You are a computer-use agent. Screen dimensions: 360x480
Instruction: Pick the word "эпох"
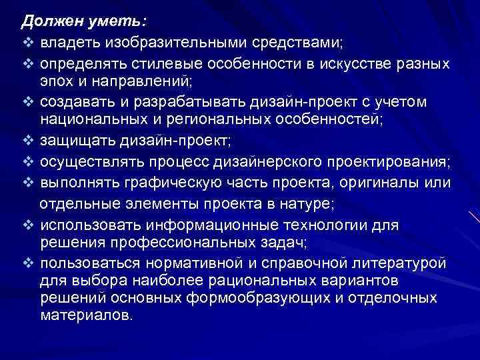pyautogui.click(x=55, y=82)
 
